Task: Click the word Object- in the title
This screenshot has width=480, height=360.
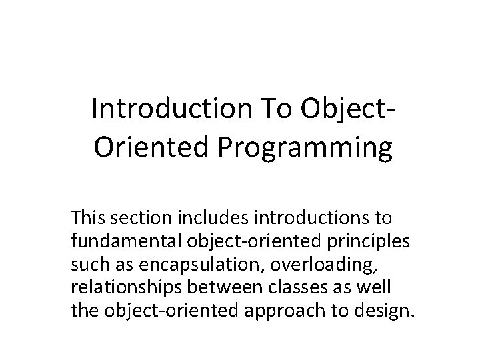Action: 346,108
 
